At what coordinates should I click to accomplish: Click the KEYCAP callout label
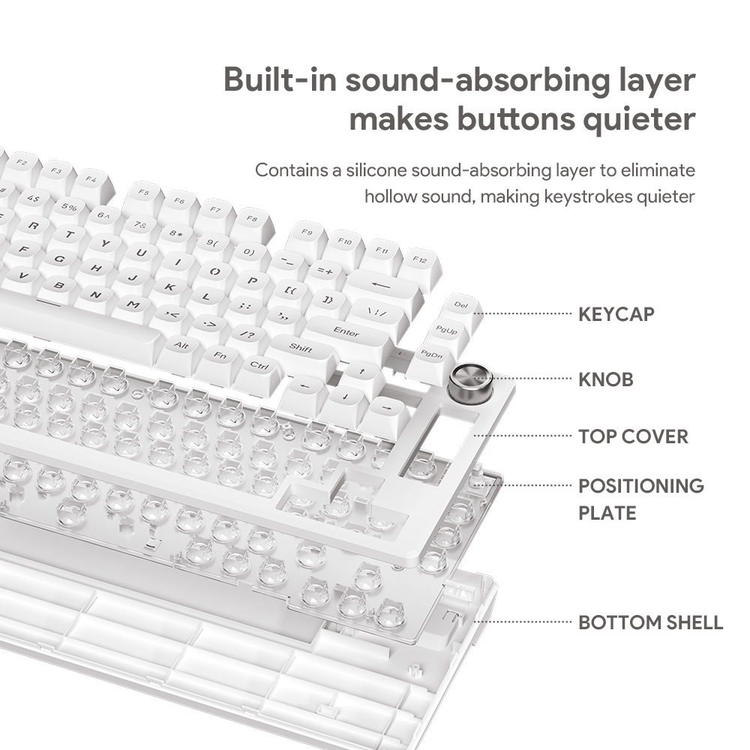pos(616,314)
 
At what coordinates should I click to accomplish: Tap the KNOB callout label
pos(605,379)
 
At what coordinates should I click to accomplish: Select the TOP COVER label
pos(633,436)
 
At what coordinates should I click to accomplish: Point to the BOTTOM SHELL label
pos(650,622)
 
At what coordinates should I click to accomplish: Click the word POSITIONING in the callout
pos(641,486)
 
